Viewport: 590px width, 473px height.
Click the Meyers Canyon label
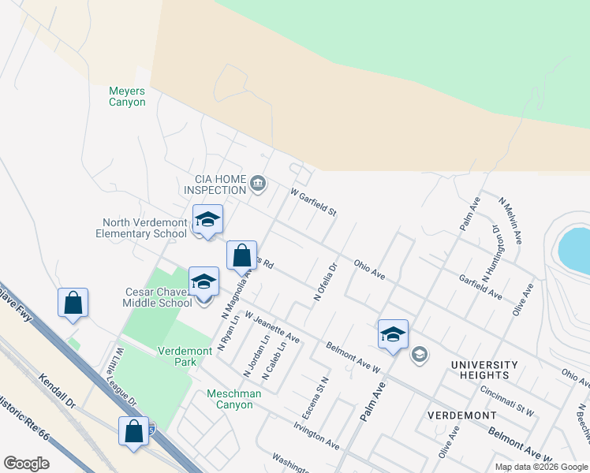point(127,96)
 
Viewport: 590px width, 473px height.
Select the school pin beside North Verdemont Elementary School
point(207,220)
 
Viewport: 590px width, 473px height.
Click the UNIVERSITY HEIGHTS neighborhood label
point(484,371)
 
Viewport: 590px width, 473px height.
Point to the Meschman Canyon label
point(230,399)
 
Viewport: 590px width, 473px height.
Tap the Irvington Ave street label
point(316,435)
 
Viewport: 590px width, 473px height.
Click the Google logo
point(26,463)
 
